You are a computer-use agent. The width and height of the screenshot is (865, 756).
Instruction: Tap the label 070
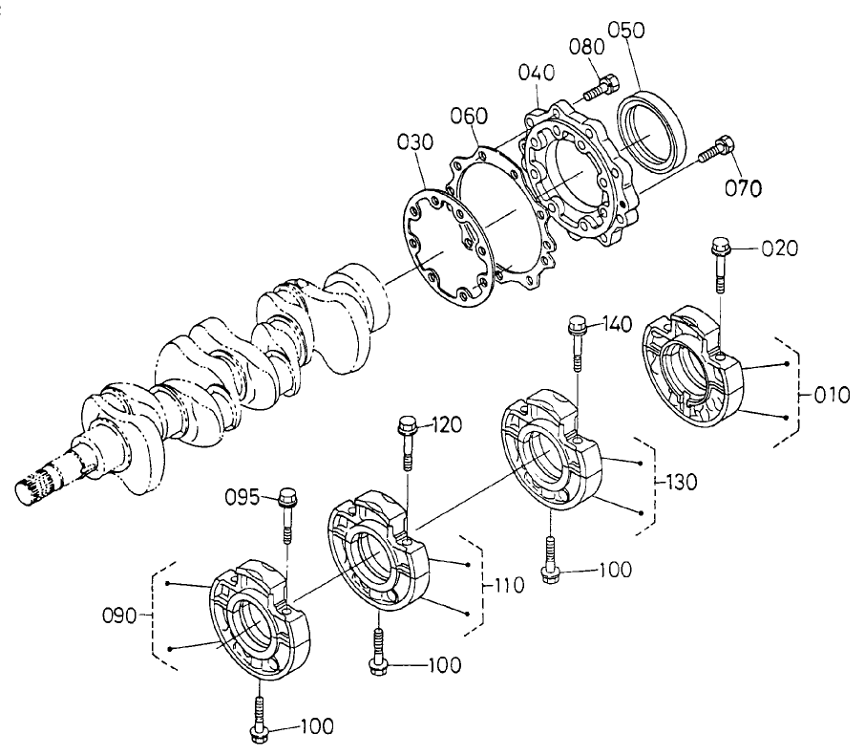(742, 187)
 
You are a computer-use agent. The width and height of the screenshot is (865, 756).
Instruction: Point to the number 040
(536, 73)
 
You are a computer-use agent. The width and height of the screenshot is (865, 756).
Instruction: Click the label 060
(470, 115)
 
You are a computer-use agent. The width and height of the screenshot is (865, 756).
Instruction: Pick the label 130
(681, 483)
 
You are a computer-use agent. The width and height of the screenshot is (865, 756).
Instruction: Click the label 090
(123, 616)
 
